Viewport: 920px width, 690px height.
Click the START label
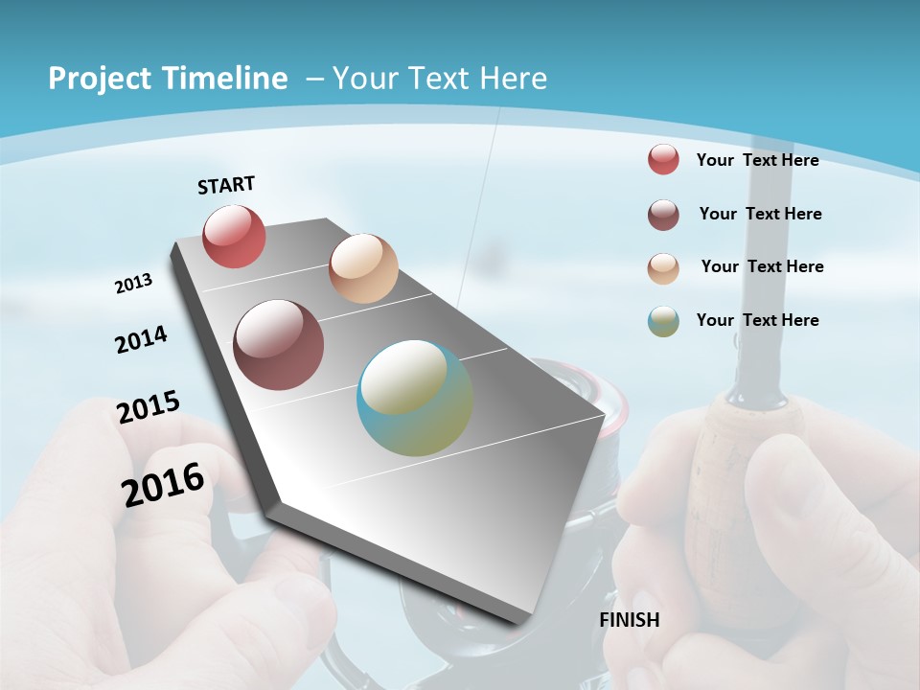coord(226,185)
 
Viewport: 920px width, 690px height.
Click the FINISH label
coord(630,620)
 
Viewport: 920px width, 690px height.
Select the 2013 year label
coord(134,284)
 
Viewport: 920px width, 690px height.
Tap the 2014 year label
coord(142,339)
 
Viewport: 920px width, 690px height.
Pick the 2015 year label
coord(149,406)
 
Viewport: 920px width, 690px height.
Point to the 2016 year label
coord(163,484)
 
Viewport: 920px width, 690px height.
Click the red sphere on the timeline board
coord(234,236)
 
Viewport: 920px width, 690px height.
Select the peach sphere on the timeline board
coord(363,268)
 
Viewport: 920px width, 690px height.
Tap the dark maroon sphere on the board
coord(279,345)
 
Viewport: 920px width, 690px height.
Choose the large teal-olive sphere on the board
coord(415,398)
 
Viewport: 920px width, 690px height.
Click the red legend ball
coord(663,159)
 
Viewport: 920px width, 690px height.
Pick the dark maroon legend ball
coord(663,215)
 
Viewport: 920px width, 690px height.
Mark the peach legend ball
coord(663,268)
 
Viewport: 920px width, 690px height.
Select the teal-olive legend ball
coord(663,321)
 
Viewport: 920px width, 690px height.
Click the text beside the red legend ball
coord(757,160)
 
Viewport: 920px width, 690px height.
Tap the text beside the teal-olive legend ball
coord(757,320)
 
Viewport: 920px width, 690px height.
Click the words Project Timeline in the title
coord(168,79)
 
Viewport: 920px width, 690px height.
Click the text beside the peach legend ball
coord(762,266)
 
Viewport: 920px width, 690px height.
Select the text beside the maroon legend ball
coord(760,214)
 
